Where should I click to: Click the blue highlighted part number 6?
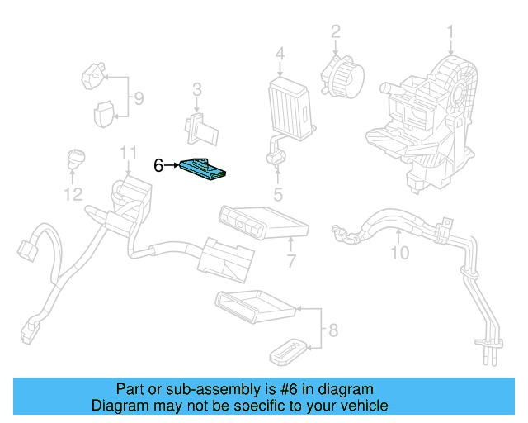click(206, 169)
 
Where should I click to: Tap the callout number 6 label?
click(158, 166)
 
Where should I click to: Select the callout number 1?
click(450, 32)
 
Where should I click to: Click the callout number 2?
click(336, 32)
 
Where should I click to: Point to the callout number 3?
click(196, 89)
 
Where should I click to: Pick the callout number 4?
click(280, 55)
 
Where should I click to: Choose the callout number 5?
click(278, 195)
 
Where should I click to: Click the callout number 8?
click(332, 331)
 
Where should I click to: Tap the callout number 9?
click(138, 99)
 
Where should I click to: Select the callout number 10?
click(399, 253)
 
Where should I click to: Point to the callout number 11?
click(127, 153)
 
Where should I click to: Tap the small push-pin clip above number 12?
click(75, 158)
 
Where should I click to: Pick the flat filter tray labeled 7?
click(262, 219)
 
